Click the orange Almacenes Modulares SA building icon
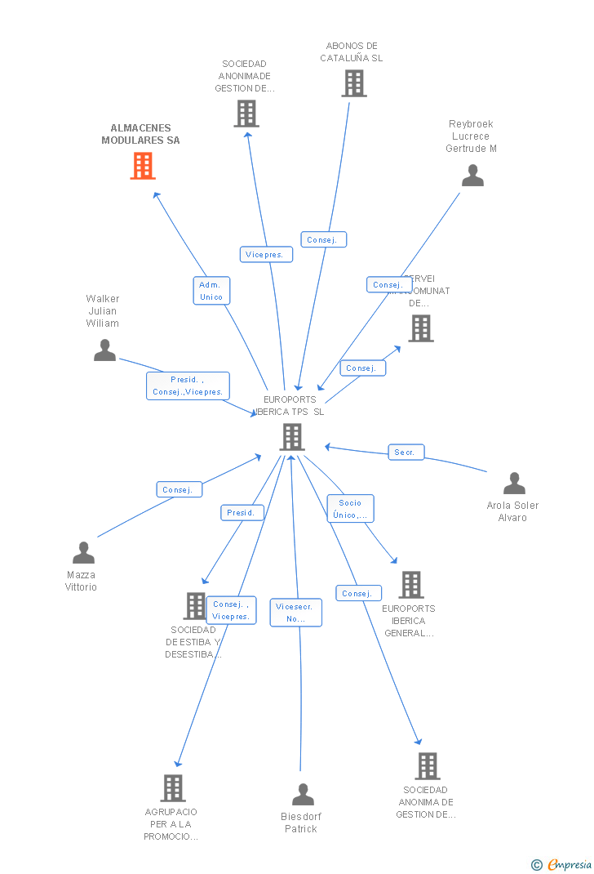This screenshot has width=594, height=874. [x=143, y=166]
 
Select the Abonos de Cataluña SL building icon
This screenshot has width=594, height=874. [x=353, y=83]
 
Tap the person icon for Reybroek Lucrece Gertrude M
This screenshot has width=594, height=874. [x=472, y=176]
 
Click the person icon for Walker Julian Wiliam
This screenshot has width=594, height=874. [x=104, y=350]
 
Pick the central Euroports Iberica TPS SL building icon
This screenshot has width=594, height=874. [x=291, y=437]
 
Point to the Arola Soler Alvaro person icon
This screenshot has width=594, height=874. [x=514, y=484]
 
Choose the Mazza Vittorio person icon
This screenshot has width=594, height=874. [x=83, y=553]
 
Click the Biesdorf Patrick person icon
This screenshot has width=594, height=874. [x=303, y=794]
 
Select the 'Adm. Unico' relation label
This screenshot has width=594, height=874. [x=211, y=291]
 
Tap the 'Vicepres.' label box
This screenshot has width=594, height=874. [x=266, y=255]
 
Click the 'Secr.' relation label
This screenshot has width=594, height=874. [x=406, y=453]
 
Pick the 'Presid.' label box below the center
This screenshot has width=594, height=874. [x=242, y=513]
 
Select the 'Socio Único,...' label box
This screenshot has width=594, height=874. [x=350, y=509]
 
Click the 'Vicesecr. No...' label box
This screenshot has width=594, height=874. [x=295, y=613]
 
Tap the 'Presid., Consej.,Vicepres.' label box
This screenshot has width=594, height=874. [x=188, y=386]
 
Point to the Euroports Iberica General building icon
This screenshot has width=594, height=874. [x=410, y=585]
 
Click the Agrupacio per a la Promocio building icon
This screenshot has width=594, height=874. [x=172, y=788]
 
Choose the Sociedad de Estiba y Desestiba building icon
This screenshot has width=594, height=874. [x=195, y=606]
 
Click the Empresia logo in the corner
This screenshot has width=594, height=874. [x=563, y=864]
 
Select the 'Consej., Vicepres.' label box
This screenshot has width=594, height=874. [x=231, y=610]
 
